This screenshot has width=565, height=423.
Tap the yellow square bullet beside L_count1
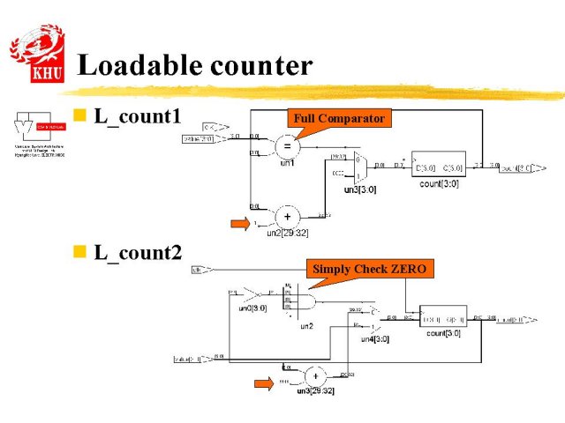(79, 115)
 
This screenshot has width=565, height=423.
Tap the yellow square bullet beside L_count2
(79, 252)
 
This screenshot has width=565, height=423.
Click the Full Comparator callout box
(339, 118)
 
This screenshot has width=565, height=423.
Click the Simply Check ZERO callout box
(369, 270)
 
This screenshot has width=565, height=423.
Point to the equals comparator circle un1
(287, 145)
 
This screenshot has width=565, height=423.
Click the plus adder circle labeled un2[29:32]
(287, 217)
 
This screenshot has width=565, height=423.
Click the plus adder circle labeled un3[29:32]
(313, 376)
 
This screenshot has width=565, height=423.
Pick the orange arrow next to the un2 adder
(241, 224)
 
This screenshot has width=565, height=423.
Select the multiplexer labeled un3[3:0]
(358, 167)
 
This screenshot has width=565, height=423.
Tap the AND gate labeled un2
(305, 301)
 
